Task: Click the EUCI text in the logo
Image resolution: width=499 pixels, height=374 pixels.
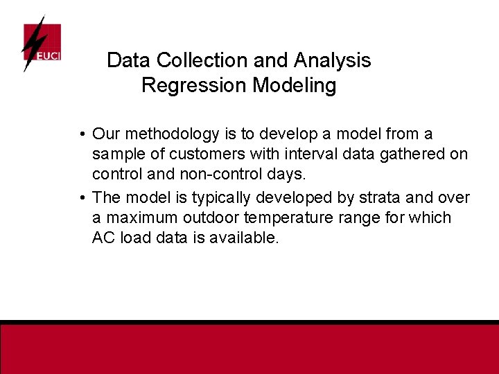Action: (x=48, y=54)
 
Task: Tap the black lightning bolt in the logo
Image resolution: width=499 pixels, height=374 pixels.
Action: (x=31, y=44)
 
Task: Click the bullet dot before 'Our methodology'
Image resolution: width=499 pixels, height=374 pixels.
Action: (x=82, y=134)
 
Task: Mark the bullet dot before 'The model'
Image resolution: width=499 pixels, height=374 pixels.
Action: (x=82, y=198)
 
